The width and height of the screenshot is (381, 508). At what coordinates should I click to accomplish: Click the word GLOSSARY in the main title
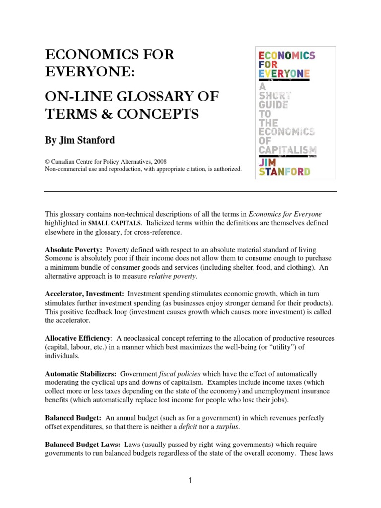pyautogui.click(x=149, y=96)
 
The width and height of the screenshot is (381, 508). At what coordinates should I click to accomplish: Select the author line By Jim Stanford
pyautogui.click(x=80, y=140)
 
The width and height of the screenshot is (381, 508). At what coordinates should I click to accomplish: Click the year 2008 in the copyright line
pyautogui.click(x=159, y=161)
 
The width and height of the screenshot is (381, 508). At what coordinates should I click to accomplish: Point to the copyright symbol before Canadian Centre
pyautogui.click(x=47, y=161)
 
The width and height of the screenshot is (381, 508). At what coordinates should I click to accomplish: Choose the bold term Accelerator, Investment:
pyautogui.click(x=84, y=294)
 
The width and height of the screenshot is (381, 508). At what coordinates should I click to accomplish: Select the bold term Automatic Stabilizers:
pyautogui.click(x=80, y=374)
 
